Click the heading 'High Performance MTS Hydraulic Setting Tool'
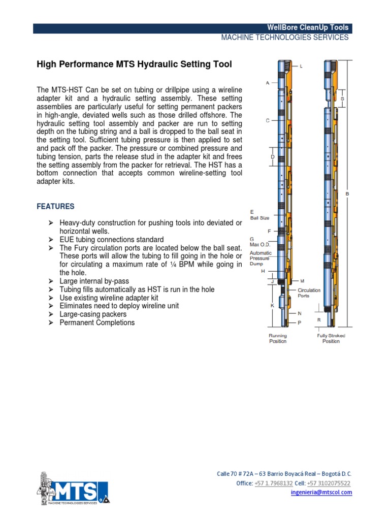point(134,64)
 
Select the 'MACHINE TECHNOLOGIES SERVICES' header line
point(284,38)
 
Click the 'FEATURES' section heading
point(55,207)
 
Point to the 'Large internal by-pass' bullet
point(94,281)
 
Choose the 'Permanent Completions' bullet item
point(97,322)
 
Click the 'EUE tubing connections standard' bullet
point(111,239)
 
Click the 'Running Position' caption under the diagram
point(278,339)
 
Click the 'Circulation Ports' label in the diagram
point(309,292)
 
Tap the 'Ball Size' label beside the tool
point(259,218)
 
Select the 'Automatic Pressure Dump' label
point(261,258)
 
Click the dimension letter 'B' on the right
point(348,193)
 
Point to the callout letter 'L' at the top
point(301,67)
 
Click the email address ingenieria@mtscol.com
point(321,493)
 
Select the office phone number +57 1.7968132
point(274,483)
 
